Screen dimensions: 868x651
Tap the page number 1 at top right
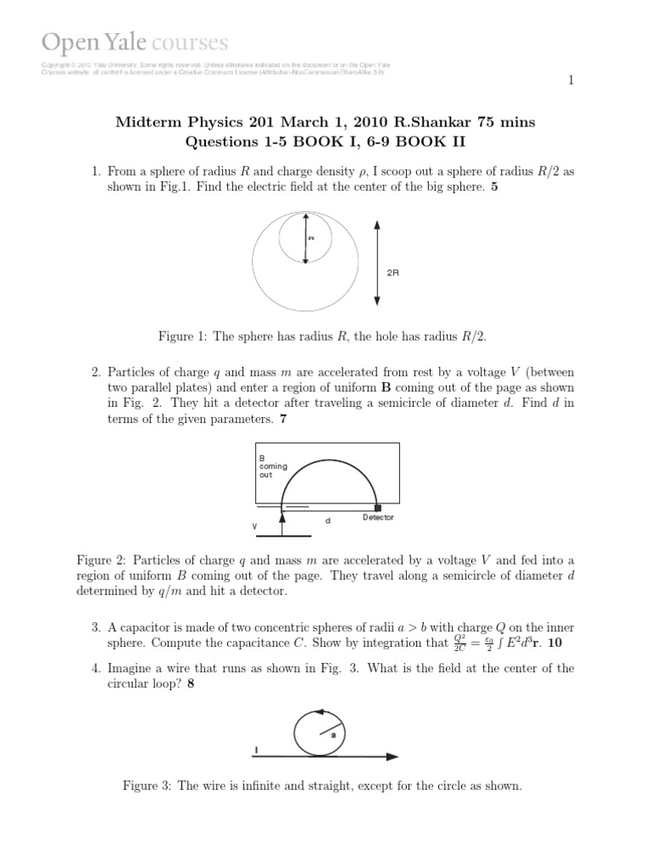(x=570, y=81)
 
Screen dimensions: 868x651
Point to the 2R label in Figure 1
(x=392, y=274)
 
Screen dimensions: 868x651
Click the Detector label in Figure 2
(x=378, y=517)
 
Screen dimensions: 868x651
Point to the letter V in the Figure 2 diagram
(x=254, y=526)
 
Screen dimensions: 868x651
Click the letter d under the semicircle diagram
(x=328, y=520)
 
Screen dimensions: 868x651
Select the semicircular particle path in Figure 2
(x=329, y=463)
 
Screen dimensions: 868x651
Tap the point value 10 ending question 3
(x=559, y=644)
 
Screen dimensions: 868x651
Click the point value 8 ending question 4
(x=192, y=685)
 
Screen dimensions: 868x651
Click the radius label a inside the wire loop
(x=333, y=735)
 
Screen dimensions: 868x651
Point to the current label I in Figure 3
(x=256, y=749)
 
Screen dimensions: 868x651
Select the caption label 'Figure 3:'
(x=147, y=786)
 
